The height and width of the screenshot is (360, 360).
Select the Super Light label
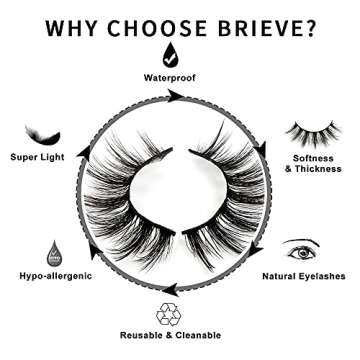(x=39, y=158)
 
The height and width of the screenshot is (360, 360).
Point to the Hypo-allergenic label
(x=49, y=276)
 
